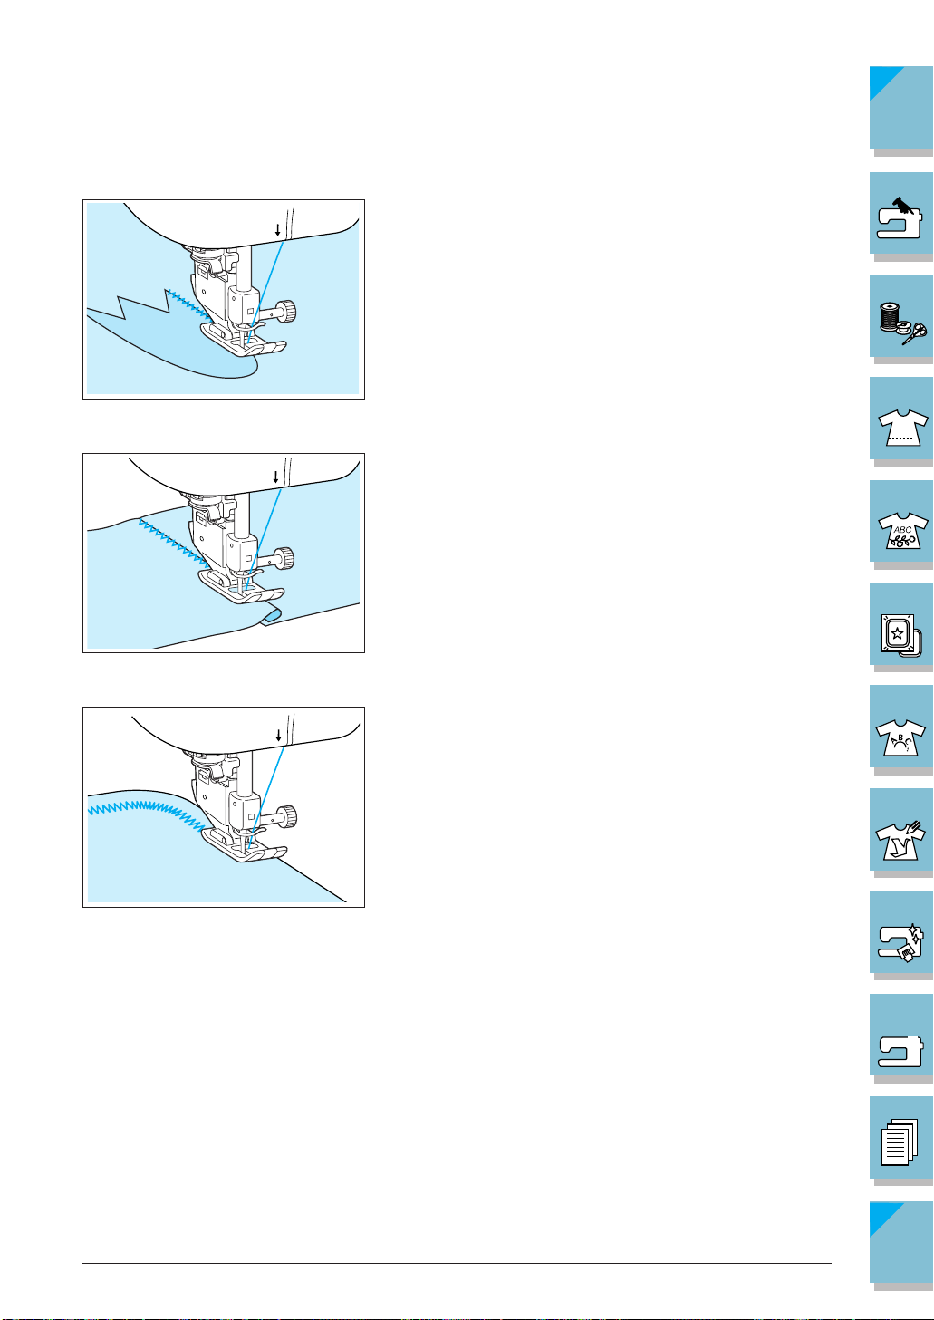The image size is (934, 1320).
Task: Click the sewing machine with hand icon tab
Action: point(900,217)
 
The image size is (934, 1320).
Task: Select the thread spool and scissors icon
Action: point(902,323)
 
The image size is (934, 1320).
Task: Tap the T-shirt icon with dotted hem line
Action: point(903,427)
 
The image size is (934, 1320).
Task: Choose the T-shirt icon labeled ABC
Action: point(903,530)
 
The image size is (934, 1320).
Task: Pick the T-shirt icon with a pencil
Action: point(900,841)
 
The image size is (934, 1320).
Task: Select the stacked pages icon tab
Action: point(900,1142)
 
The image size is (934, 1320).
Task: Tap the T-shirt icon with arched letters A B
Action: point(900,737)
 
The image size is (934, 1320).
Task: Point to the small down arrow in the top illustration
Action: point(277,230)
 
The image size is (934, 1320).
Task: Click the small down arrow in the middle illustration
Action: point(275,477)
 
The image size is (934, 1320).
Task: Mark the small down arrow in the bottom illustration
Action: point(279,736)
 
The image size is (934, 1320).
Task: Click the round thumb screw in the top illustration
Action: point(287,311)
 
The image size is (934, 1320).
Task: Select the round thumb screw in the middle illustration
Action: point(285,557)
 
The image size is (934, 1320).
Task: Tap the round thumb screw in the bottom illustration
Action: point(288,816)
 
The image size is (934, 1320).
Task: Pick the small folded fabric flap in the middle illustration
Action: point(271,617)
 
